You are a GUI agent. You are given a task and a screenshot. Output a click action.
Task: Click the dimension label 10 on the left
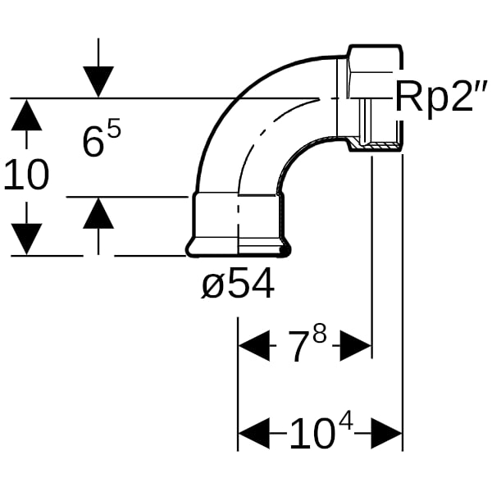tap(26, 175)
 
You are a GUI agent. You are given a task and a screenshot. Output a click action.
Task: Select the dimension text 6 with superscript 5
tap(102, 139)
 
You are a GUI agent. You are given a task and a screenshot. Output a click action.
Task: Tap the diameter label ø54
tap(238, 284)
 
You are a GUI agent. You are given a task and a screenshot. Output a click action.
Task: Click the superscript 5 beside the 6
tap(114, 130)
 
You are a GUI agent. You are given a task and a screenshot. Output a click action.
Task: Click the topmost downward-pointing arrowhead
tap(98, 81)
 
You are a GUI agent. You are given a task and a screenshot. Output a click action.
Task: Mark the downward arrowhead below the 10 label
tap(26, 239)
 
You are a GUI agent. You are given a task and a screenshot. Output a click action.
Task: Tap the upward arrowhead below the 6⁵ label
tap(98, 212)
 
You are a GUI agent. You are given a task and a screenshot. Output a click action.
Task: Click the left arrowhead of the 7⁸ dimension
tap(254, 345)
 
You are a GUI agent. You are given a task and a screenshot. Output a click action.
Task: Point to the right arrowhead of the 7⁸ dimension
tap(356, 345)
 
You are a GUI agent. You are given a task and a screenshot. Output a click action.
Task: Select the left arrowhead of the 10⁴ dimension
tap(254, 433)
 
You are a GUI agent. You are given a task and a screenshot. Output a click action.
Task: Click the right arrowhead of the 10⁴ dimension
tap(386, 433)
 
